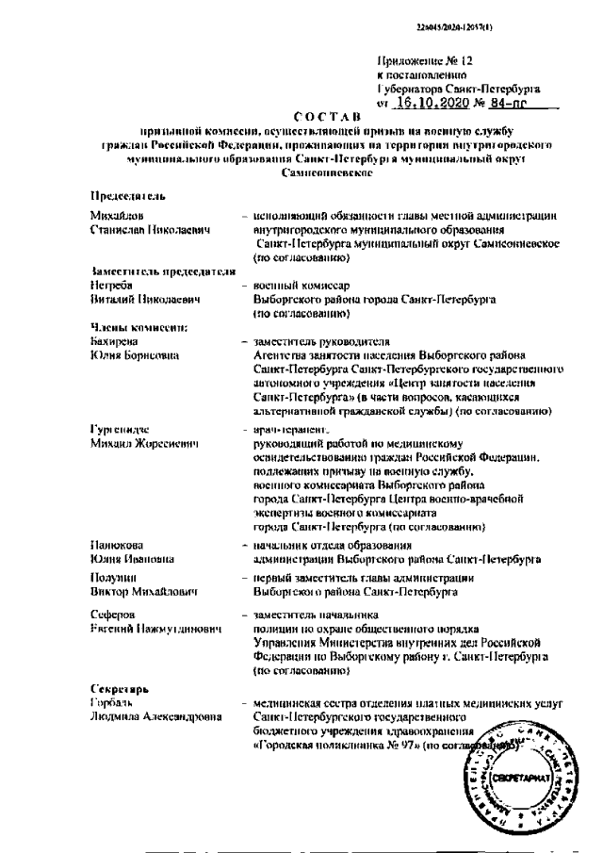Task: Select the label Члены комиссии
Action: click(x=139, y=327)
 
